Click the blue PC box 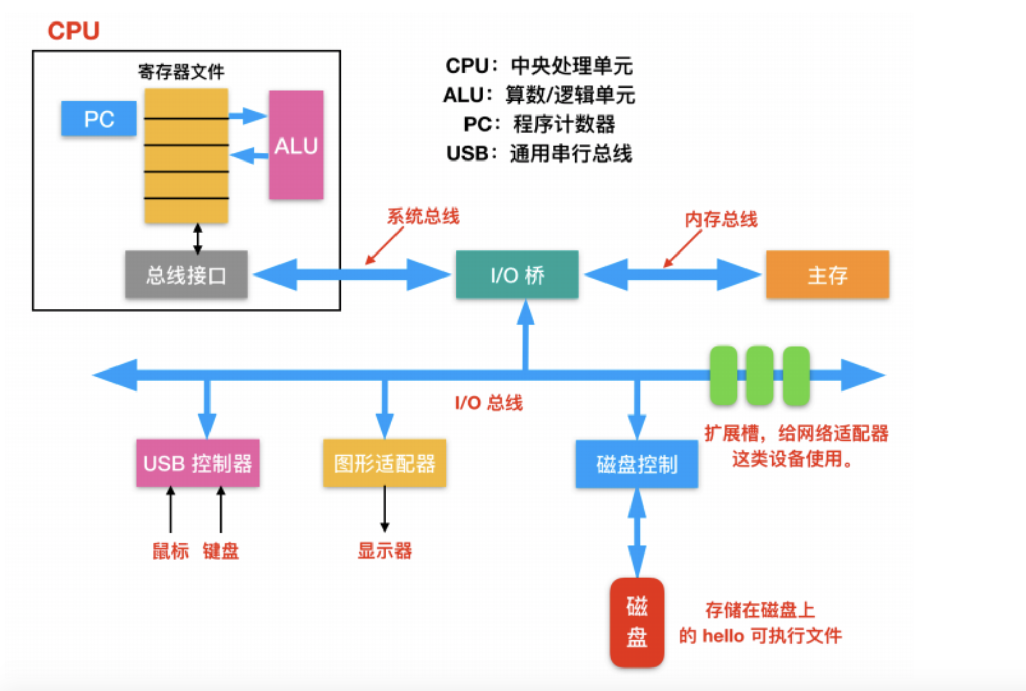99,119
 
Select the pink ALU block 296,145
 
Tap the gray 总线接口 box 186,275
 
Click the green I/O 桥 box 517,275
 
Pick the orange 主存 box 827,275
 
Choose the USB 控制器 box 198,463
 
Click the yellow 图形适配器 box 384,463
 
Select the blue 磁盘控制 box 637,464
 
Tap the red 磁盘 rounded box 637,622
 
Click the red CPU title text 73,31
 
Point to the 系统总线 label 423,216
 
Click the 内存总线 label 721,219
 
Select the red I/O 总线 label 488,403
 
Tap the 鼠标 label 171,551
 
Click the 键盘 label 221,551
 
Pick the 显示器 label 384,551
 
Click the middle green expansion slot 759,376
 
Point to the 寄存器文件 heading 181,72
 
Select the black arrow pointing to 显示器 384,509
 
